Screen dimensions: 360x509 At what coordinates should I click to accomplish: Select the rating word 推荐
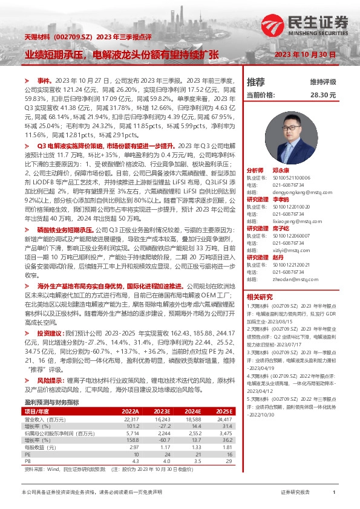coord(256,82)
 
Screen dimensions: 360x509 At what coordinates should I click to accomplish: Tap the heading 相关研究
coord(260,297)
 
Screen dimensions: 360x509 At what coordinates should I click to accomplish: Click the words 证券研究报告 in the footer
coord(295,493)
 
